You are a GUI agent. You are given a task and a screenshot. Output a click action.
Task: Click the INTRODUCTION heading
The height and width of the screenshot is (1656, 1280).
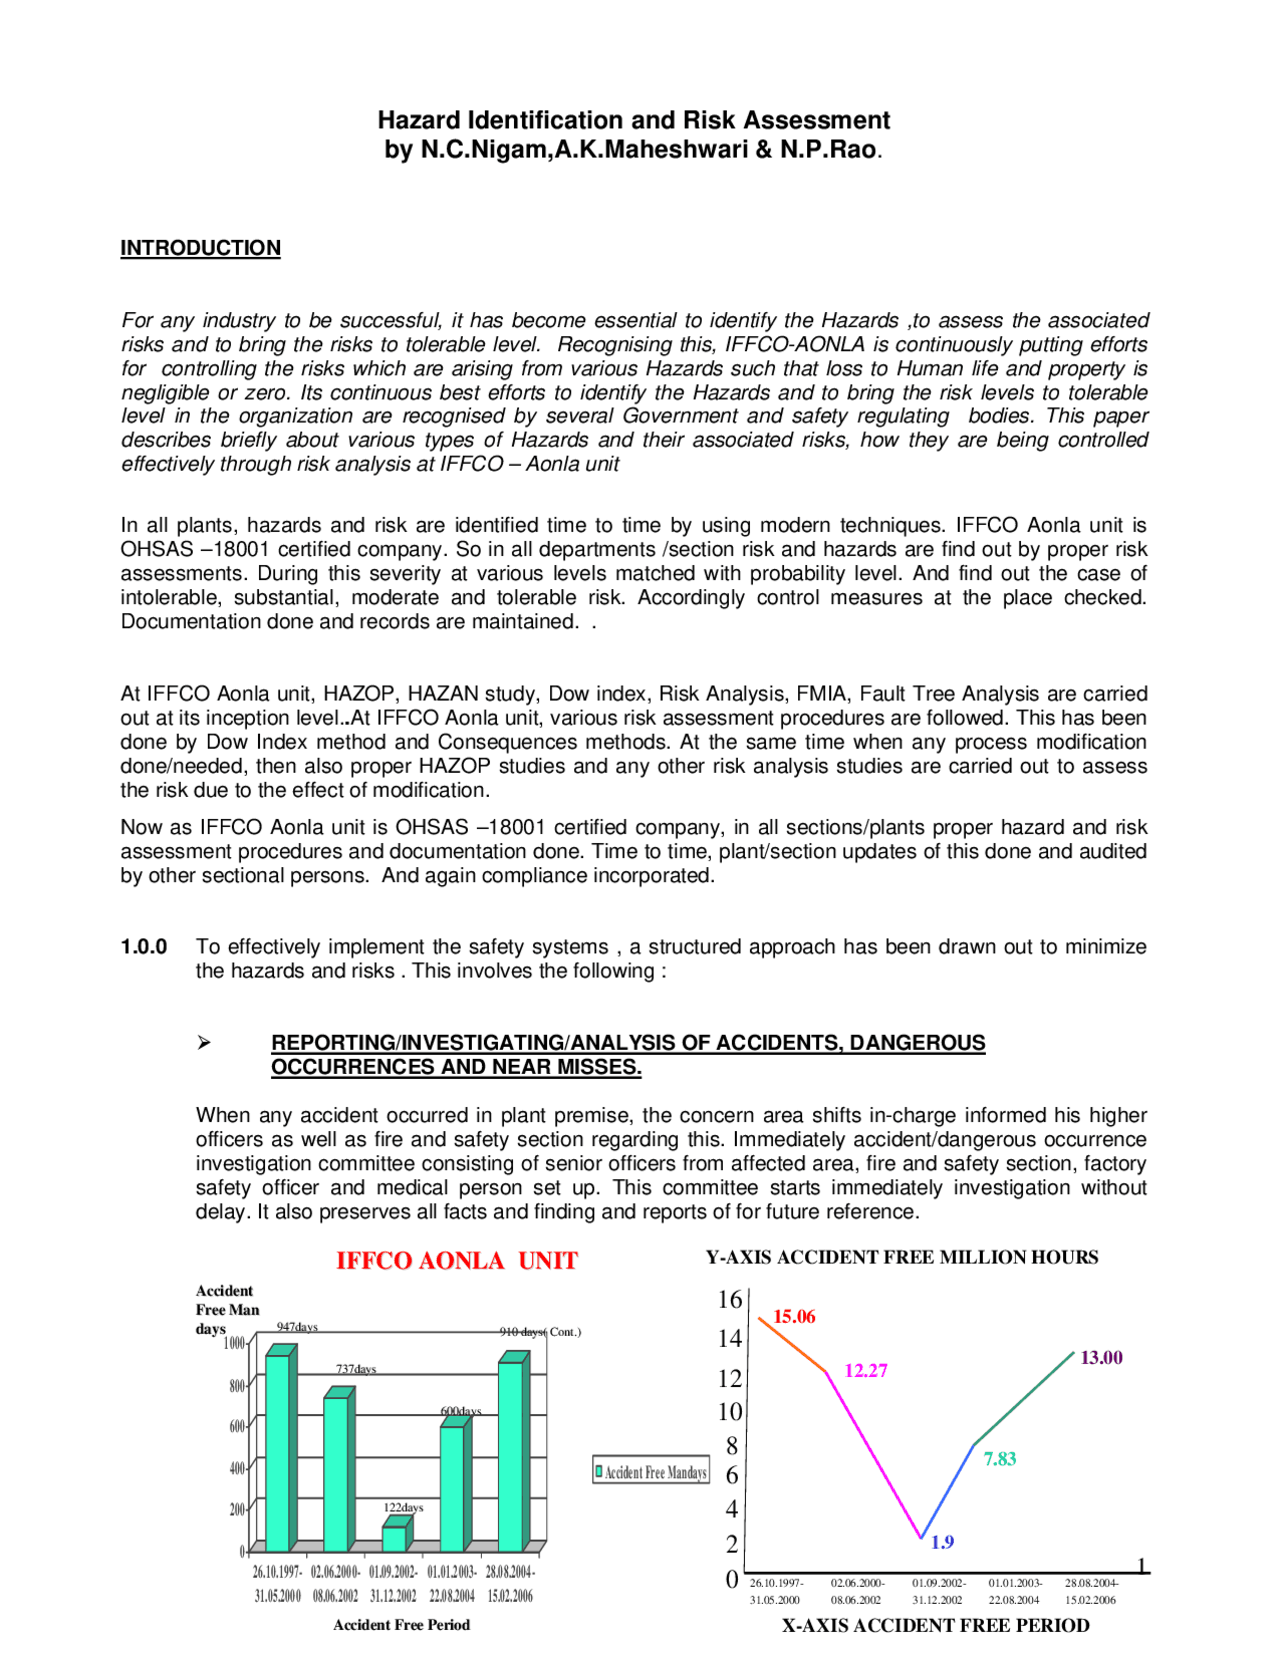point(200,248)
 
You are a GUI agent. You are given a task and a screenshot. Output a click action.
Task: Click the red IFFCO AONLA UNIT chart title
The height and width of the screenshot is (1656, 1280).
point(456,1261)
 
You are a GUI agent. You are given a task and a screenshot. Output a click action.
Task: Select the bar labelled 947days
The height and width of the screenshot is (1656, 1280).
point(278,1450)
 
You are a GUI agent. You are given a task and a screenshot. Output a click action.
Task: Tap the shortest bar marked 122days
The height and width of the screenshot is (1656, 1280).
point(394,1538)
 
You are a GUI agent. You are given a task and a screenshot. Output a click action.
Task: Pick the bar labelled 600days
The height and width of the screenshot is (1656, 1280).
point(452,1487)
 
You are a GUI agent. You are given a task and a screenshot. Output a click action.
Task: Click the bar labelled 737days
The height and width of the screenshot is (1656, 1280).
point(336,1472)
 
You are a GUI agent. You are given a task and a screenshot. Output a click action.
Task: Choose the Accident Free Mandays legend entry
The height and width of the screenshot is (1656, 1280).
point(651,1472)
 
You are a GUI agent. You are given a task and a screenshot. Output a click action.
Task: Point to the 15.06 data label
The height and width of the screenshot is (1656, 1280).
point(794,1317)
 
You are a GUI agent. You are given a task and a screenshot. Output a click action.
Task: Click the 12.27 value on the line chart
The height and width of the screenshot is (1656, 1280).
point(866,1371)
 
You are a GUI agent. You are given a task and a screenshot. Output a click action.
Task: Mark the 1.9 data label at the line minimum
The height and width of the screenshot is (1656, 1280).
point(942,1543)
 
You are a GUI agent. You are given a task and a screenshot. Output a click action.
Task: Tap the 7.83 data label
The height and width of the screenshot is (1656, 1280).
point(999,1459)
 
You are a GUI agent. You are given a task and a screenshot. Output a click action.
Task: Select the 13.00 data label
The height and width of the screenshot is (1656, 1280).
point(1101,1358)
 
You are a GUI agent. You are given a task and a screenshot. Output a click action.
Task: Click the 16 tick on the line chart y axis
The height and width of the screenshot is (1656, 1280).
point(730,1300)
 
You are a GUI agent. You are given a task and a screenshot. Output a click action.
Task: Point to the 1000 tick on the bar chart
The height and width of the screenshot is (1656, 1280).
point(234,1343)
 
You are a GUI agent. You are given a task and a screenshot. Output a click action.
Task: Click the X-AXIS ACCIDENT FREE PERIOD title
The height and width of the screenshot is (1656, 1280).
point(935,1626)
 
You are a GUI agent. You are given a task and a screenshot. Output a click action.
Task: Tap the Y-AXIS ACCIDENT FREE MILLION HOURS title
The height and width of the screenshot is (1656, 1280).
point(902,1258)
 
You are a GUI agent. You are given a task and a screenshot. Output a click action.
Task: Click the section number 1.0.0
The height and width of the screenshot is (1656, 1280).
point(144,947)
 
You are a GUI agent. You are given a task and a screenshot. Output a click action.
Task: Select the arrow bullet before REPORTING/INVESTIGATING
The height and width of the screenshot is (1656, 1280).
point(204,1043)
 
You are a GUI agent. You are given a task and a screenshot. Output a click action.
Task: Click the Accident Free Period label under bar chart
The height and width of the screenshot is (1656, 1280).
point(401,1625)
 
